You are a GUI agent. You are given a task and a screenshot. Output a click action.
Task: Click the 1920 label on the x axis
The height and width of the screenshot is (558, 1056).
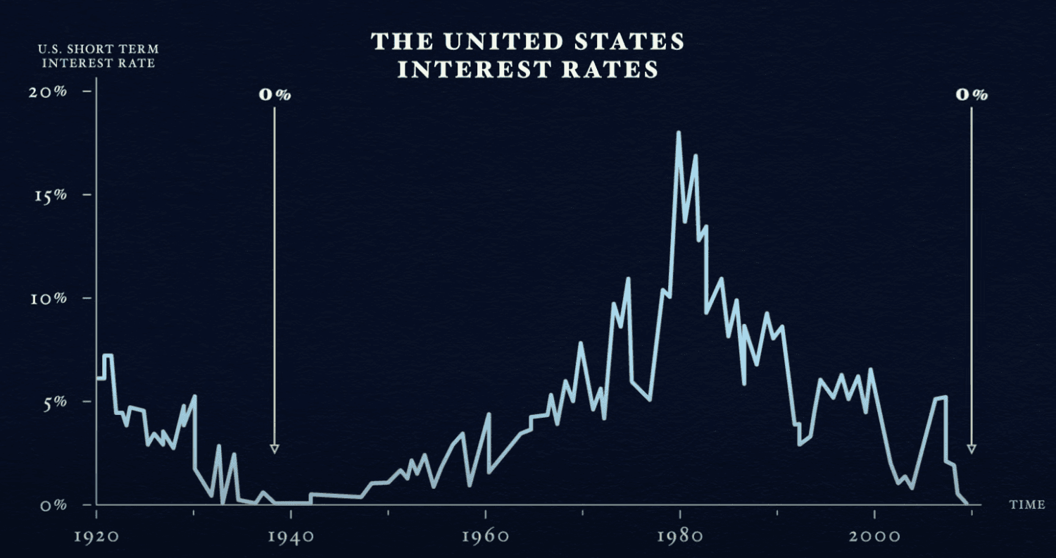click(96, 535)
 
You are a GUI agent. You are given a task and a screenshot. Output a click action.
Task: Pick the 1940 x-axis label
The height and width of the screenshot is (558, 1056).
click(291, 535)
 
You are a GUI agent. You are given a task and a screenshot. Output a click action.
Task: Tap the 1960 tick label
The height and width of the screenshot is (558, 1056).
click(486, 535)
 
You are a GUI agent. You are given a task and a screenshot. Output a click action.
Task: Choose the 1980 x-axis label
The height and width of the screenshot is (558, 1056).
click(680, 535)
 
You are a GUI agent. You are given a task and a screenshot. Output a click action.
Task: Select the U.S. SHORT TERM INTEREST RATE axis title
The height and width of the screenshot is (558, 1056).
click(98, 56)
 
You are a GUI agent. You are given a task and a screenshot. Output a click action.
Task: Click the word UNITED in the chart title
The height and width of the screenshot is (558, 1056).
click(496, 42)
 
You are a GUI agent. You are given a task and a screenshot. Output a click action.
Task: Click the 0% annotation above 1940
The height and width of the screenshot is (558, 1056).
click(275, 95)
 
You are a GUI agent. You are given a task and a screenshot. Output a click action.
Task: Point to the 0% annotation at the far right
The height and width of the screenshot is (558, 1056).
click(972, 95)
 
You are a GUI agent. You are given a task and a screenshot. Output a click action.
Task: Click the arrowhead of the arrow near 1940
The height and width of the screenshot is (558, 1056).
click(275, 449)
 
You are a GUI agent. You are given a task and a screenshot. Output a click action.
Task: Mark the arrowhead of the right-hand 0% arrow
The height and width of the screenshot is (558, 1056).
click(972, 449)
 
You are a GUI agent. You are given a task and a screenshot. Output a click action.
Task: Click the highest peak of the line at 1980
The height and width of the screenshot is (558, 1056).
click(679, 132)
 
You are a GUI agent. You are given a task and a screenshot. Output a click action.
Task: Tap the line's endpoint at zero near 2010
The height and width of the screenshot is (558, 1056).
click(968, 504)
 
